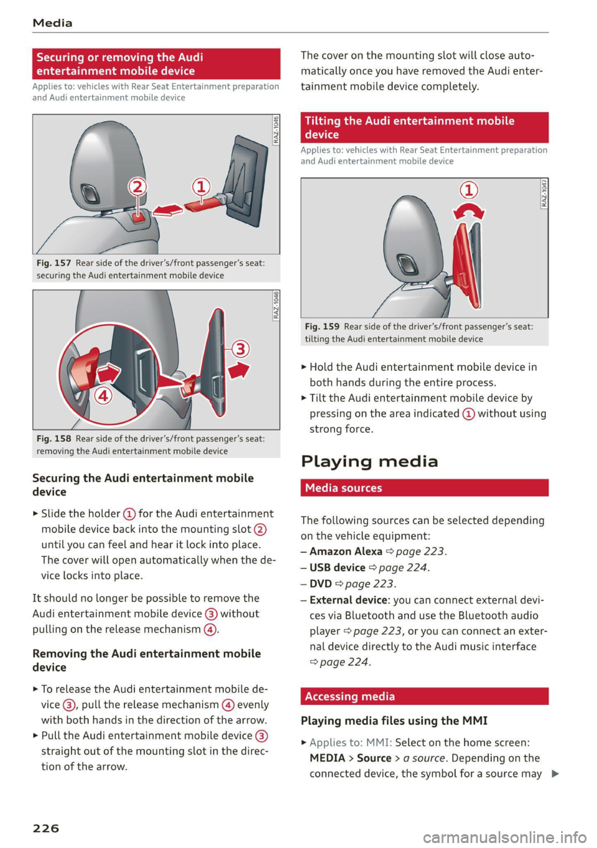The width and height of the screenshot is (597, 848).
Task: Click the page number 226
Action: pos(46,828)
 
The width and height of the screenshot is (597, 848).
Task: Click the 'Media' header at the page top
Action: pos(53,23)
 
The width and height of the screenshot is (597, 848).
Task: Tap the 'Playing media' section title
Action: pos(369,461)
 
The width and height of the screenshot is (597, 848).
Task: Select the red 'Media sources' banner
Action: pos(424,488)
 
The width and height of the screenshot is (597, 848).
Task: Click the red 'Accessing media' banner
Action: pos(424,696)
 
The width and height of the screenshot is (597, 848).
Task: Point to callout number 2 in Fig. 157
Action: pos(137,186)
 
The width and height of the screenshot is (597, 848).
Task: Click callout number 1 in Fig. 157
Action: pos(200,186)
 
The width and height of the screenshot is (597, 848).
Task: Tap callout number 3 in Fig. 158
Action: pos(240,348)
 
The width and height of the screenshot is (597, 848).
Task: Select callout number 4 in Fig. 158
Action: pos(103,394)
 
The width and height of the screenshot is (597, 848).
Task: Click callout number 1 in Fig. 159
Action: pos(468,190)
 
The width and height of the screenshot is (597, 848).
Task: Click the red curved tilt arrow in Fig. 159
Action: pos(469,212)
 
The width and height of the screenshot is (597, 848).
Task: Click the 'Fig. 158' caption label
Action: pos(54,439)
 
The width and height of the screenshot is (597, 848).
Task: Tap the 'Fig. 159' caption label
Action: pos(322,327)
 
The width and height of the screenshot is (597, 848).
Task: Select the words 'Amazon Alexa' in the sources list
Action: pos(346,551)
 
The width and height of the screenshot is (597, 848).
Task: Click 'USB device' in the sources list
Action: pos(337,567)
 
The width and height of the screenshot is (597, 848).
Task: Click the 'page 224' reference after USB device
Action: pos(402,567)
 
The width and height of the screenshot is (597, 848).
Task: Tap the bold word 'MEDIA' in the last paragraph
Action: pos(327,758)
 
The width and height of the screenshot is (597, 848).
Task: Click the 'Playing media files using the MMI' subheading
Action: pos(394,720)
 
